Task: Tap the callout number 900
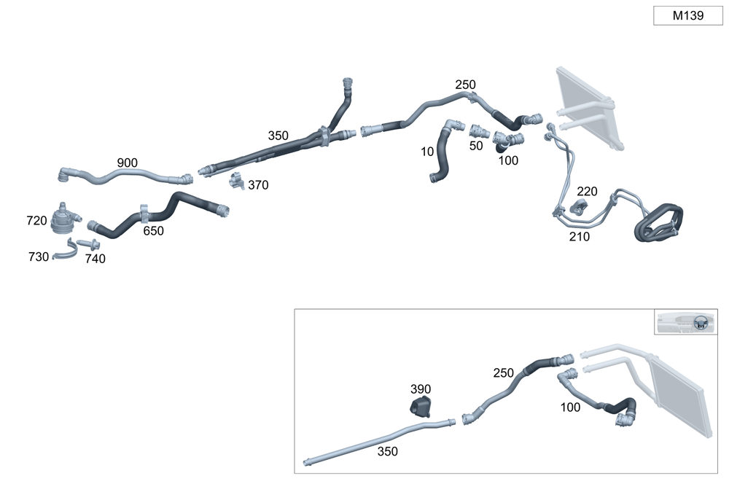(x=127, y=163)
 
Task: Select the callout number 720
(x=36, y=221)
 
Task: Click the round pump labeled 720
(x=67, y=219)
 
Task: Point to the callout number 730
(x=39, y=257)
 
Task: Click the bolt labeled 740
(x=87, y=243)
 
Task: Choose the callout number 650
(x=153, y=231)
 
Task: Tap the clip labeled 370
(x=235, y=180)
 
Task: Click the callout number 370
(x=258, y=186)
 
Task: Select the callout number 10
(x=427, y=152)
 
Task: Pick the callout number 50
(x=476, y=146)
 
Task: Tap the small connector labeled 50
(x=479, y=131)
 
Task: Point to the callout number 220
(x=587, y=192)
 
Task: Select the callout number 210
(x=580, y=236)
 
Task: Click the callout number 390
(x=421, y=389)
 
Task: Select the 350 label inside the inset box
(x=388, y=452)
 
